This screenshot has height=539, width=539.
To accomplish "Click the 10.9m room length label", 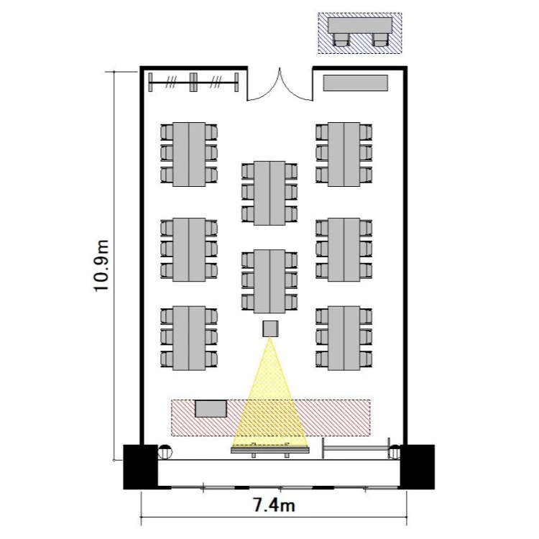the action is click(101, 265).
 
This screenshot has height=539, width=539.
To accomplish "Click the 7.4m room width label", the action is click(274, 505).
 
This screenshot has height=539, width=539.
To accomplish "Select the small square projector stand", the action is click(270, 328).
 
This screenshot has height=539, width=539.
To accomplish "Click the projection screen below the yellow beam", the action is click(269, 450).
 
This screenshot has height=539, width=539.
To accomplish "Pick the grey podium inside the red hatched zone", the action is click(211, 409).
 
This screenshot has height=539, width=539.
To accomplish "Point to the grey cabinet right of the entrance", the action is click(356, 83).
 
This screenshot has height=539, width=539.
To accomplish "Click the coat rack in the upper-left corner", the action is click(193, 82).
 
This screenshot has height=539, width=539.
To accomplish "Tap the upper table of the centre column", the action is click(269, 193).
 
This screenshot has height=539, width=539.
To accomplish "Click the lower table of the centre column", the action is click(269, 282).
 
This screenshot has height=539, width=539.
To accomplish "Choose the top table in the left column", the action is click(189, 155).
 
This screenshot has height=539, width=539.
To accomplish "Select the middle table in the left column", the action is click(189, 249).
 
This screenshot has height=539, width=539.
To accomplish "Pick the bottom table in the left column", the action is click(189, 338).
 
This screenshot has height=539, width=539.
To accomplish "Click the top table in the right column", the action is click(344, 155).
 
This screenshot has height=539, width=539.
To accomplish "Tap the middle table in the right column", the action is click(344, 249).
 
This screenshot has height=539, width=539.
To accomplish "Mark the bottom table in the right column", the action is click(344, 338).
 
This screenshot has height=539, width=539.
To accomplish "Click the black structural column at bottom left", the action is click(140, 467).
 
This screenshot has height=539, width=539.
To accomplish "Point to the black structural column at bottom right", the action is click(418, 467).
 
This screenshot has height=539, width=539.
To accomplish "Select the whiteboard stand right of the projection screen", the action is click(356, 448).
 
